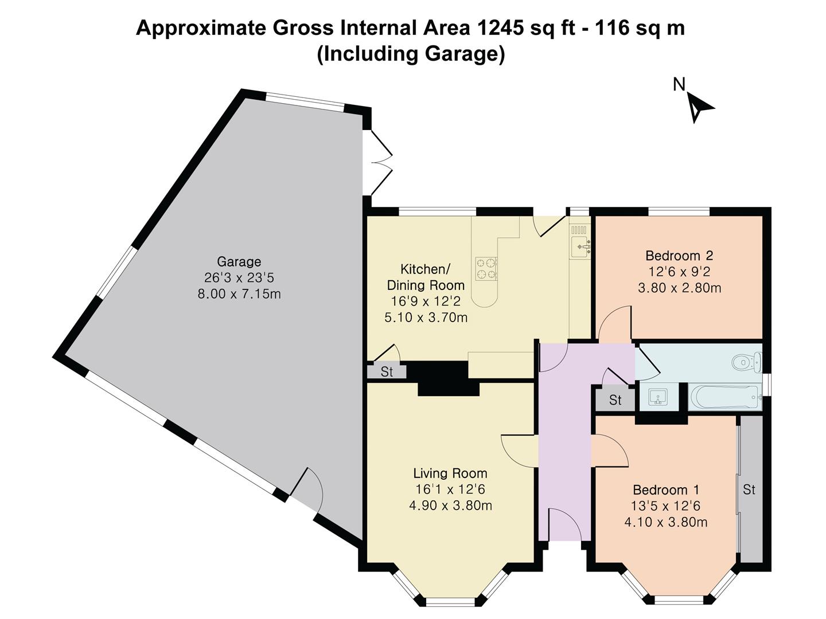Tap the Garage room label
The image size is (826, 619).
click(239, 262)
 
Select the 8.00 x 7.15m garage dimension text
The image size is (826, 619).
click(239, 295)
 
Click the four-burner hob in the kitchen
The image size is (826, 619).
click(486, 269)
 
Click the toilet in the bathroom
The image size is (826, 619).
click(746, 362)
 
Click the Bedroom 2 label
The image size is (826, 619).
click(679, 256)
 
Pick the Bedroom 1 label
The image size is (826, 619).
click(665, 490)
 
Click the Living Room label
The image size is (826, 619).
click(450, 473)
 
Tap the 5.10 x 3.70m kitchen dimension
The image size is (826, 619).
click(426, 317)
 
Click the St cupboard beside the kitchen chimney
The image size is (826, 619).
click(387, 371)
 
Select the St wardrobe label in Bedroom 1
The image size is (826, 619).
click(749, 489)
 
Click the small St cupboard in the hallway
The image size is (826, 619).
click(615, 400)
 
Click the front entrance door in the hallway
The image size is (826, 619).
click(566, 524)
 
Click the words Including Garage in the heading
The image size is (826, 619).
click(411, 54)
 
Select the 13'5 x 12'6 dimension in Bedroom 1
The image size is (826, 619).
click(666, 506)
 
